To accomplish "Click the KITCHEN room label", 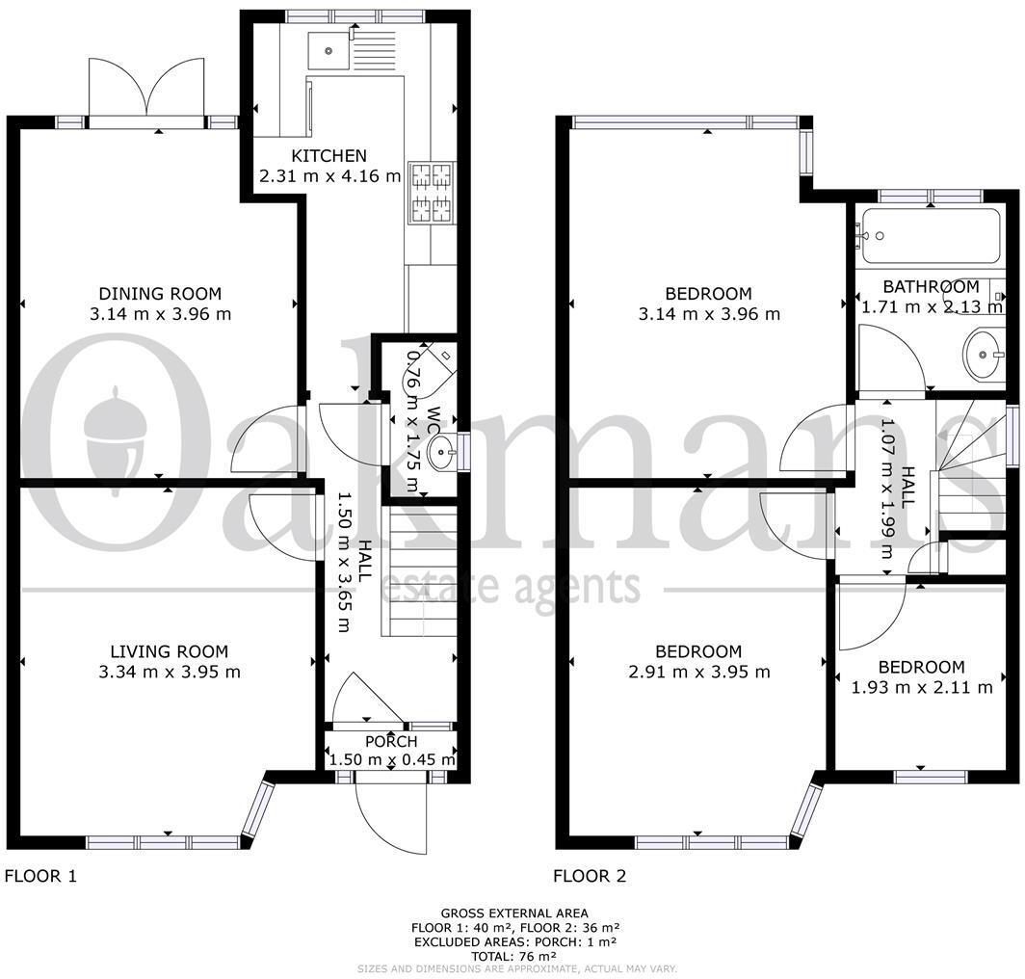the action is (329, 156).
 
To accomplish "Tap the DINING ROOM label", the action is (160, 294).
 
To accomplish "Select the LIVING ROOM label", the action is (170, 651).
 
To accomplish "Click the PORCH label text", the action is (391, 742).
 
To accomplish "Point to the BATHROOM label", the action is (931, 286).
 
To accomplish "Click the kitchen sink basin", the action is (329, 50).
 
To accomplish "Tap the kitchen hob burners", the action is (432, 193).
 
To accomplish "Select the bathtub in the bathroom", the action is (931, 235).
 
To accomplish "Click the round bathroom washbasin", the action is (984, 356).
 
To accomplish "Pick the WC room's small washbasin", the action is (442, 452).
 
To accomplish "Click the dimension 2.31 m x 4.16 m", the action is (330, 176).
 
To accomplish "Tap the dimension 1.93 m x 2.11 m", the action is (922, 687).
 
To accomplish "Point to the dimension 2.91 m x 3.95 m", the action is (698, 672).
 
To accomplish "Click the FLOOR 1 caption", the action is (40, 876).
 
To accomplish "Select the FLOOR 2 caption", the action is (590, 876).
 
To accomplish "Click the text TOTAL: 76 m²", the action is (513, 956).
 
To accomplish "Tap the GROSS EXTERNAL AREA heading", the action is (514, 913).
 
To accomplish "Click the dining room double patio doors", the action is (147, 91).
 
